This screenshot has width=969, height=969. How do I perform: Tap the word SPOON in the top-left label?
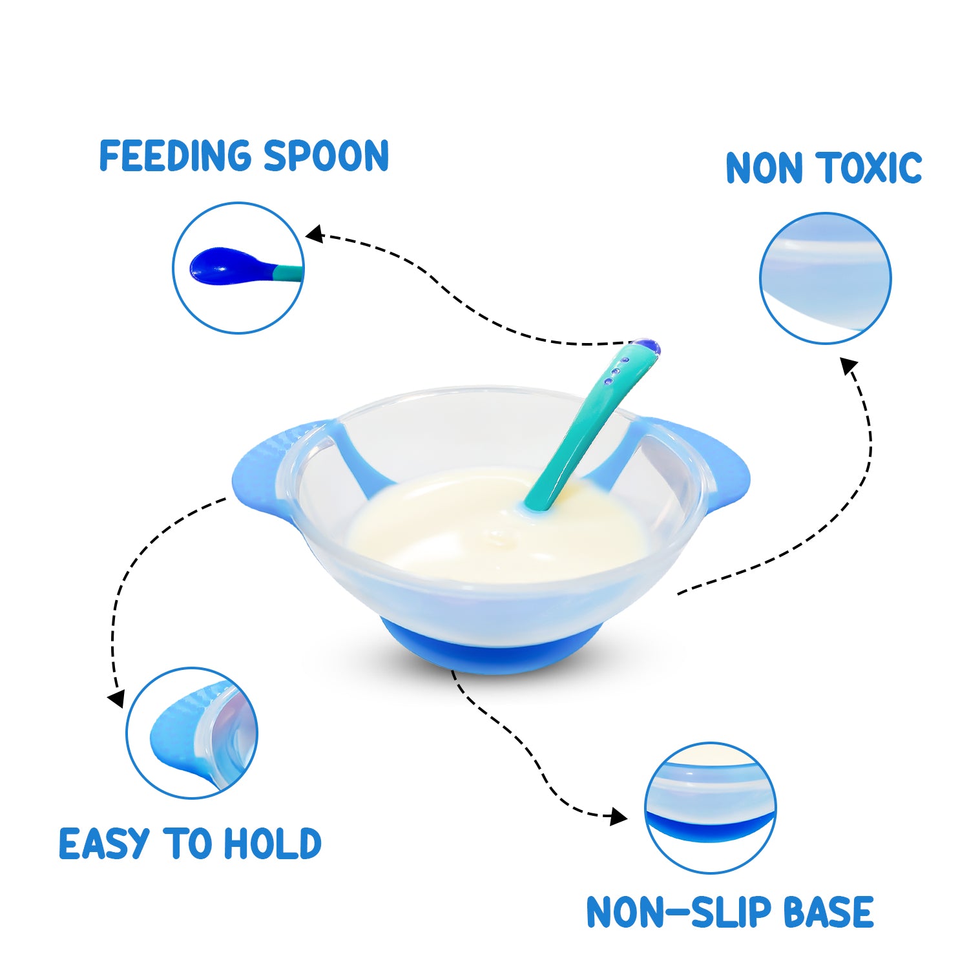pos(326,156)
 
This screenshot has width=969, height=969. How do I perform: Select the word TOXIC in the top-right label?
pos(871,168)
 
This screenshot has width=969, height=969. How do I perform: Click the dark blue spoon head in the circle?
pos(220,266)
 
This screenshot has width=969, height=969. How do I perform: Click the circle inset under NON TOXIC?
pos(825,278)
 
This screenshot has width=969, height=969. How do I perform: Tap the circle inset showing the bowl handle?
pos(192,733)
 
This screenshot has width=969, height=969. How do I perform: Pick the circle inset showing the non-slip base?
pos(710,807)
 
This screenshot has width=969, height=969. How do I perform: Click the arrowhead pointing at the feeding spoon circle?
pos(314,234)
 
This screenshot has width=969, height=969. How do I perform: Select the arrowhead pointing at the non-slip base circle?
pos(619,817)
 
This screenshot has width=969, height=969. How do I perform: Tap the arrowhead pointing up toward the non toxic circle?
pos(849,366)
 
